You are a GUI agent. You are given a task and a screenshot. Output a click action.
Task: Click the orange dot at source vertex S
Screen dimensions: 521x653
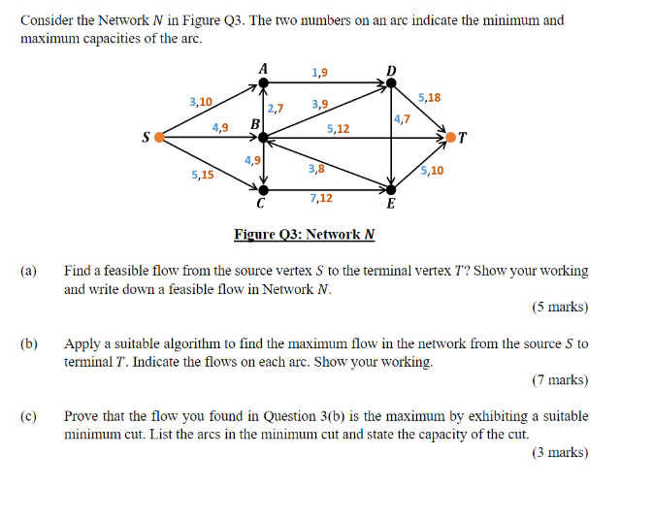pos(160,138)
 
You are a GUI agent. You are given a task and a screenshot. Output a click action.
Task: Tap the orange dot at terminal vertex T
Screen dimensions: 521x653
pos(450,138)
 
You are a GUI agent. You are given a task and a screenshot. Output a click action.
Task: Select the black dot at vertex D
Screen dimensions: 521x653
pos(391,83)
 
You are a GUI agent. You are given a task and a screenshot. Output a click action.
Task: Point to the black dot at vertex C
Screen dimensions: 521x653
pos(263,190)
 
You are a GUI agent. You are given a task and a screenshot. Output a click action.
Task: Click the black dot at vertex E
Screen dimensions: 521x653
pos(391,190)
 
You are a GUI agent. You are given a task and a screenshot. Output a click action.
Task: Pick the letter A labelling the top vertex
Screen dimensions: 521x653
pos(263,68)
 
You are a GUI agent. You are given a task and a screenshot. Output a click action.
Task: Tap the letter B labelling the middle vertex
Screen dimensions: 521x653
pos(254,124)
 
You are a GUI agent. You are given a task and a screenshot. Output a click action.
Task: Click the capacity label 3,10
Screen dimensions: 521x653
pos(201,101)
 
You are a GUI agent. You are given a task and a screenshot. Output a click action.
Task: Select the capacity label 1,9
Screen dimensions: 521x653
pos(319,73)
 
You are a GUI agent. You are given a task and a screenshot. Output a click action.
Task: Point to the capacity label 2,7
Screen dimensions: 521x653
pos(276,108)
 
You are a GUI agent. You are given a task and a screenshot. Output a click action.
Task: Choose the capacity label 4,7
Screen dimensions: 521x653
pos(402,119)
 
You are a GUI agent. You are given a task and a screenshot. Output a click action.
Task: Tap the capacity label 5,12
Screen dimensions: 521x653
pos(339,128)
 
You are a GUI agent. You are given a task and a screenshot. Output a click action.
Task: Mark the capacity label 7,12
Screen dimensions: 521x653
pos(321,199)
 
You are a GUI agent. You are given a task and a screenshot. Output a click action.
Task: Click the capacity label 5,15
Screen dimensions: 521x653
pos(203,176)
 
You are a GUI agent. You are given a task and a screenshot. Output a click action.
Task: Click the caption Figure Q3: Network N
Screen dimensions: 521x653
pos(304,234)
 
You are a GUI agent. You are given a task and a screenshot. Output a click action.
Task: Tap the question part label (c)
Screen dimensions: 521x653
pos(28,416)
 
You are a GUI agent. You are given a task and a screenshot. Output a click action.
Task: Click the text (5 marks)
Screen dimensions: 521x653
pos(560,308)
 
